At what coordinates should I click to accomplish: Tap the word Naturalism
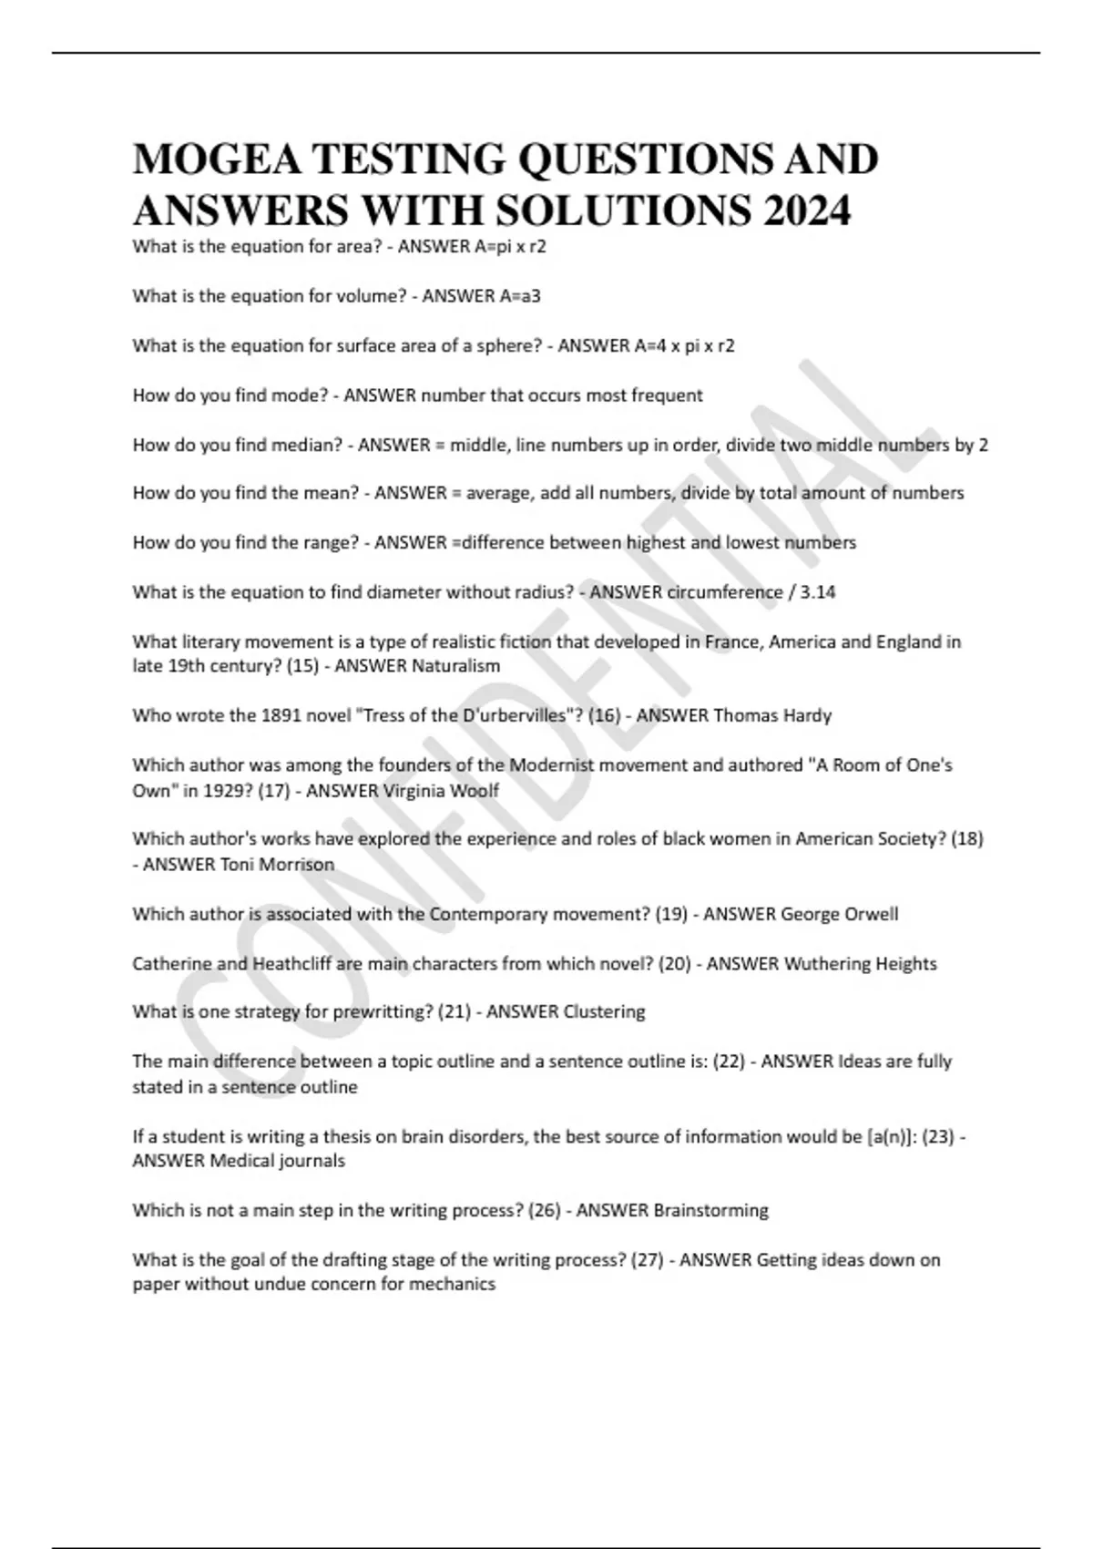click(455, 666)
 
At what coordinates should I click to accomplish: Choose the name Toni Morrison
click(277, 864)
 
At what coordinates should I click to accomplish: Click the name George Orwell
click(839, 914)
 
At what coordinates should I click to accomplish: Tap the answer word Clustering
click(604, 1011)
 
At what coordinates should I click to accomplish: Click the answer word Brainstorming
click(710, 1210)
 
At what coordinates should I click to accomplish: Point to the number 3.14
click(817, 592)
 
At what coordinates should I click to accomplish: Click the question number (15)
click(302, 666)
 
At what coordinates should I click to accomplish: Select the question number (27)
click(647, 1260)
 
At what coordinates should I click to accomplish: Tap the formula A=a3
click(520, 296)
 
